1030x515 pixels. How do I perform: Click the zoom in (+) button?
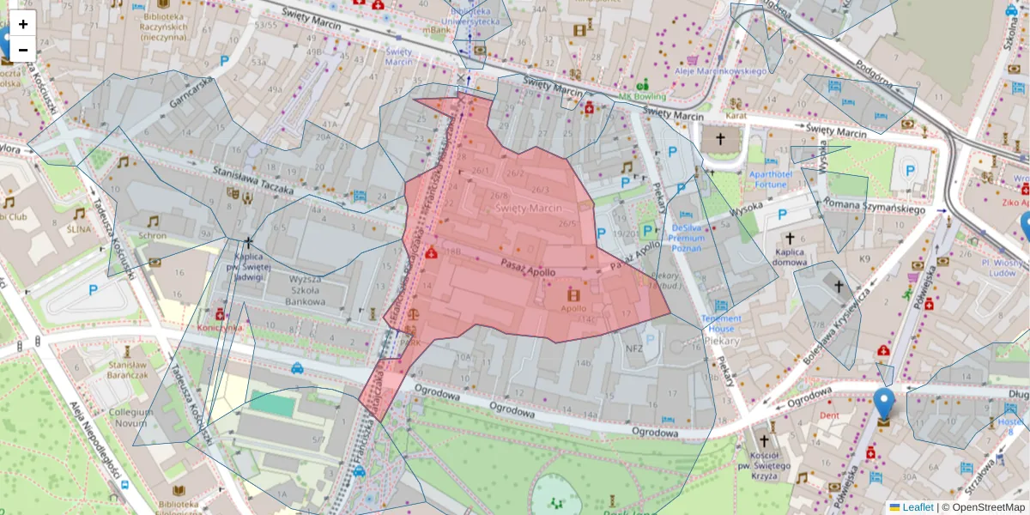[x=23, y=24]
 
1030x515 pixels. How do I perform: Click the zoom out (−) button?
[x=23, y=50]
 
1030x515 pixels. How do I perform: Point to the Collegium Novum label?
[x=130, y=418]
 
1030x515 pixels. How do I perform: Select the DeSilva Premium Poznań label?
[x=699, y=237]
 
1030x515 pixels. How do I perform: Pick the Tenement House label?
[x=720, y=323]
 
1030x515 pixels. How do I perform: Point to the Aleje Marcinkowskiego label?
[x=721, y=71]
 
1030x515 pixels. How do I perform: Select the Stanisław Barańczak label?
[x=126, y=369]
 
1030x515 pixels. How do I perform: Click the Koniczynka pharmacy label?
[x=220, y=327]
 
